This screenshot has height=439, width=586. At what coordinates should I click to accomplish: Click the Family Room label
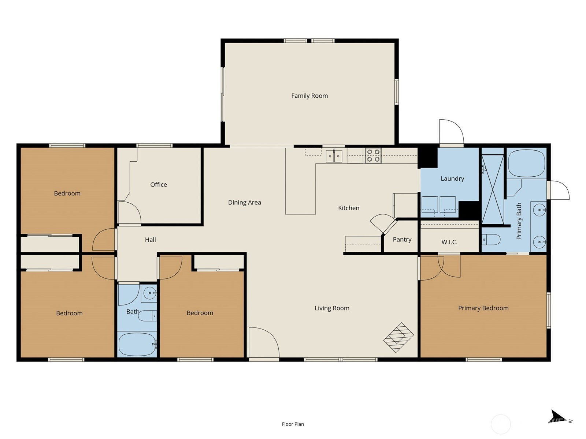click(309, 96)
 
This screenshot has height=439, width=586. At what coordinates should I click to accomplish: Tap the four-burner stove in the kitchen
click(373, 156)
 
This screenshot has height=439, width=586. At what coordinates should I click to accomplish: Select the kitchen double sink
click(334, 156)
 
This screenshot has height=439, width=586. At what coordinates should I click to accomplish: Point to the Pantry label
click(402, 239)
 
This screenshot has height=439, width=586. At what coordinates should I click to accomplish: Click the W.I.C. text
click(449, 242)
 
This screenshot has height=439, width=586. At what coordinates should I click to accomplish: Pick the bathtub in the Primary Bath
click(526, 164)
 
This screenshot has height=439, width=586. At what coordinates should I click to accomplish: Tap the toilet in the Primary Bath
click(491, 240)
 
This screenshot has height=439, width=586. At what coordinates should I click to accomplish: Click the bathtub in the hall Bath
click(137, 344)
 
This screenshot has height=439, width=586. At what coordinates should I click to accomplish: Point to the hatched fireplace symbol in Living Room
click(398, 337)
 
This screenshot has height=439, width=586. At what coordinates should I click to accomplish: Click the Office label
click(159, 184)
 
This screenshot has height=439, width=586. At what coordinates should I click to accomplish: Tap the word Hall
click(150, 240)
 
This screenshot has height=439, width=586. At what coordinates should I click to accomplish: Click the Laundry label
click(452, 179)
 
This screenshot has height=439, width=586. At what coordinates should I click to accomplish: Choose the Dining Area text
click(245, 202)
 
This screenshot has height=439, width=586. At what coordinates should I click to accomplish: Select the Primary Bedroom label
click(483, 308)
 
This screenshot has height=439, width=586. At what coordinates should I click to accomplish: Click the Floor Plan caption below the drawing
click(293, 424)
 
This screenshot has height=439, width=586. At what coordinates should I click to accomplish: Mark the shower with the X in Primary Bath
click(493, 189)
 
